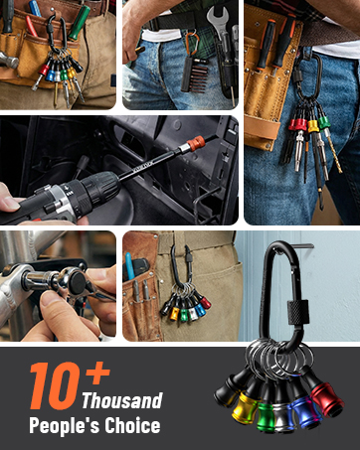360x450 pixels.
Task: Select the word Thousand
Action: (121, 401)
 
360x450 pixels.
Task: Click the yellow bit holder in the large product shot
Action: (247, 404)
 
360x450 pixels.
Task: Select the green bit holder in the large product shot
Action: (274, 410)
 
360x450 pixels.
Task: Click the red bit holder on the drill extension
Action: (197, 145)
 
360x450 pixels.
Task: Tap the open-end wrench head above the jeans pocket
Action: (218, 16)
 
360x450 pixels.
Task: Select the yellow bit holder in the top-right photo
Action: (313, 126)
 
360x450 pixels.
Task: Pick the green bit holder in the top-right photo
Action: (324, 122)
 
